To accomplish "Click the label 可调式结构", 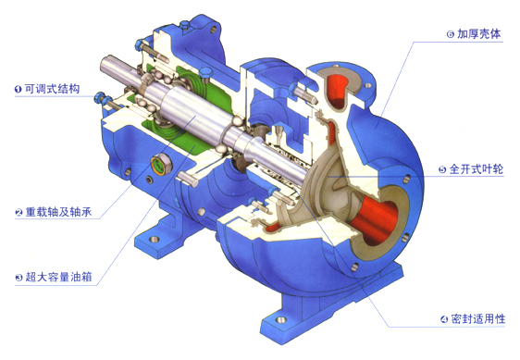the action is click(53, 89).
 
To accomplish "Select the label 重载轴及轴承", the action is click(58, 212).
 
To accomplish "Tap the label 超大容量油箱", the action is click(58, 277).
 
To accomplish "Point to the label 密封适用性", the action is click(477, 319).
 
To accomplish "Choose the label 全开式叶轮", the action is click(477, 169).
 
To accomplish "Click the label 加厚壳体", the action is click(479, 34).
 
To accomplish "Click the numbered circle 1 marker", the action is click(19, 89).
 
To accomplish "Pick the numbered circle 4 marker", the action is click(444, 319).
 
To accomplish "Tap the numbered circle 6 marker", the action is click(450, 34).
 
